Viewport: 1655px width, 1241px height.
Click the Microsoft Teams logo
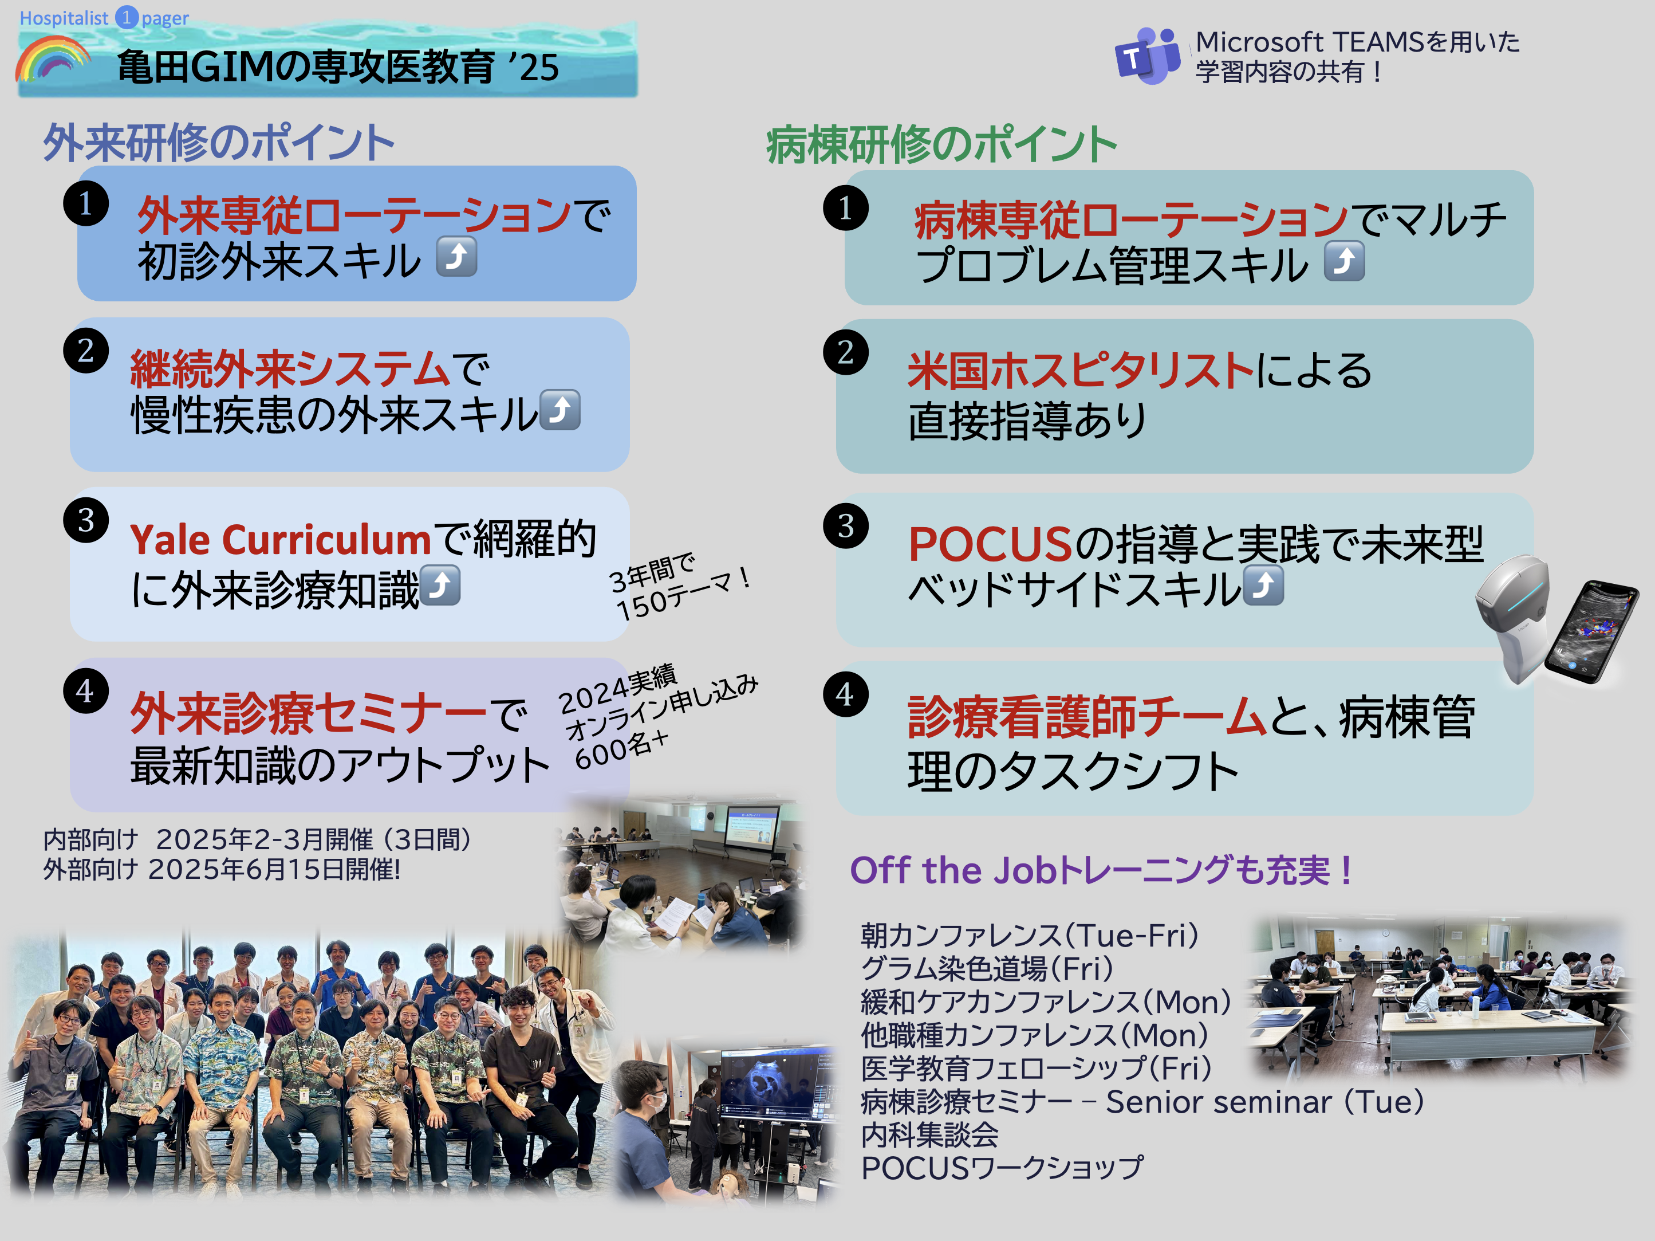[x=1147, y=56]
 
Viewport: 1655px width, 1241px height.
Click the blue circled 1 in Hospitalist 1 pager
[x=127, y=17]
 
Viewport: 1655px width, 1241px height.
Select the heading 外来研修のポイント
[x=219, y=142]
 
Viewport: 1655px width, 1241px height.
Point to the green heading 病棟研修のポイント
[x=941, y=144]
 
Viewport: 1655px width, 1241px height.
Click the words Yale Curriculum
[x=281, y=540]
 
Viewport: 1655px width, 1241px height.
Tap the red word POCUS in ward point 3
[x=990, y=544]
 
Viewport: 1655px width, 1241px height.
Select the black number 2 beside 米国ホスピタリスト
[x=845, y=352]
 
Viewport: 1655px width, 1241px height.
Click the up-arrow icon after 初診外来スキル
[x=456, y=257]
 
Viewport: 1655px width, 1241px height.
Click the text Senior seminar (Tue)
[x=1265, y=1102]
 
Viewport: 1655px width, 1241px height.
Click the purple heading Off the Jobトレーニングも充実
[x=1100, y=870]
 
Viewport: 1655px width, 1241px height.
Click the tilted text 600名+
[x=621, y=750]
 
